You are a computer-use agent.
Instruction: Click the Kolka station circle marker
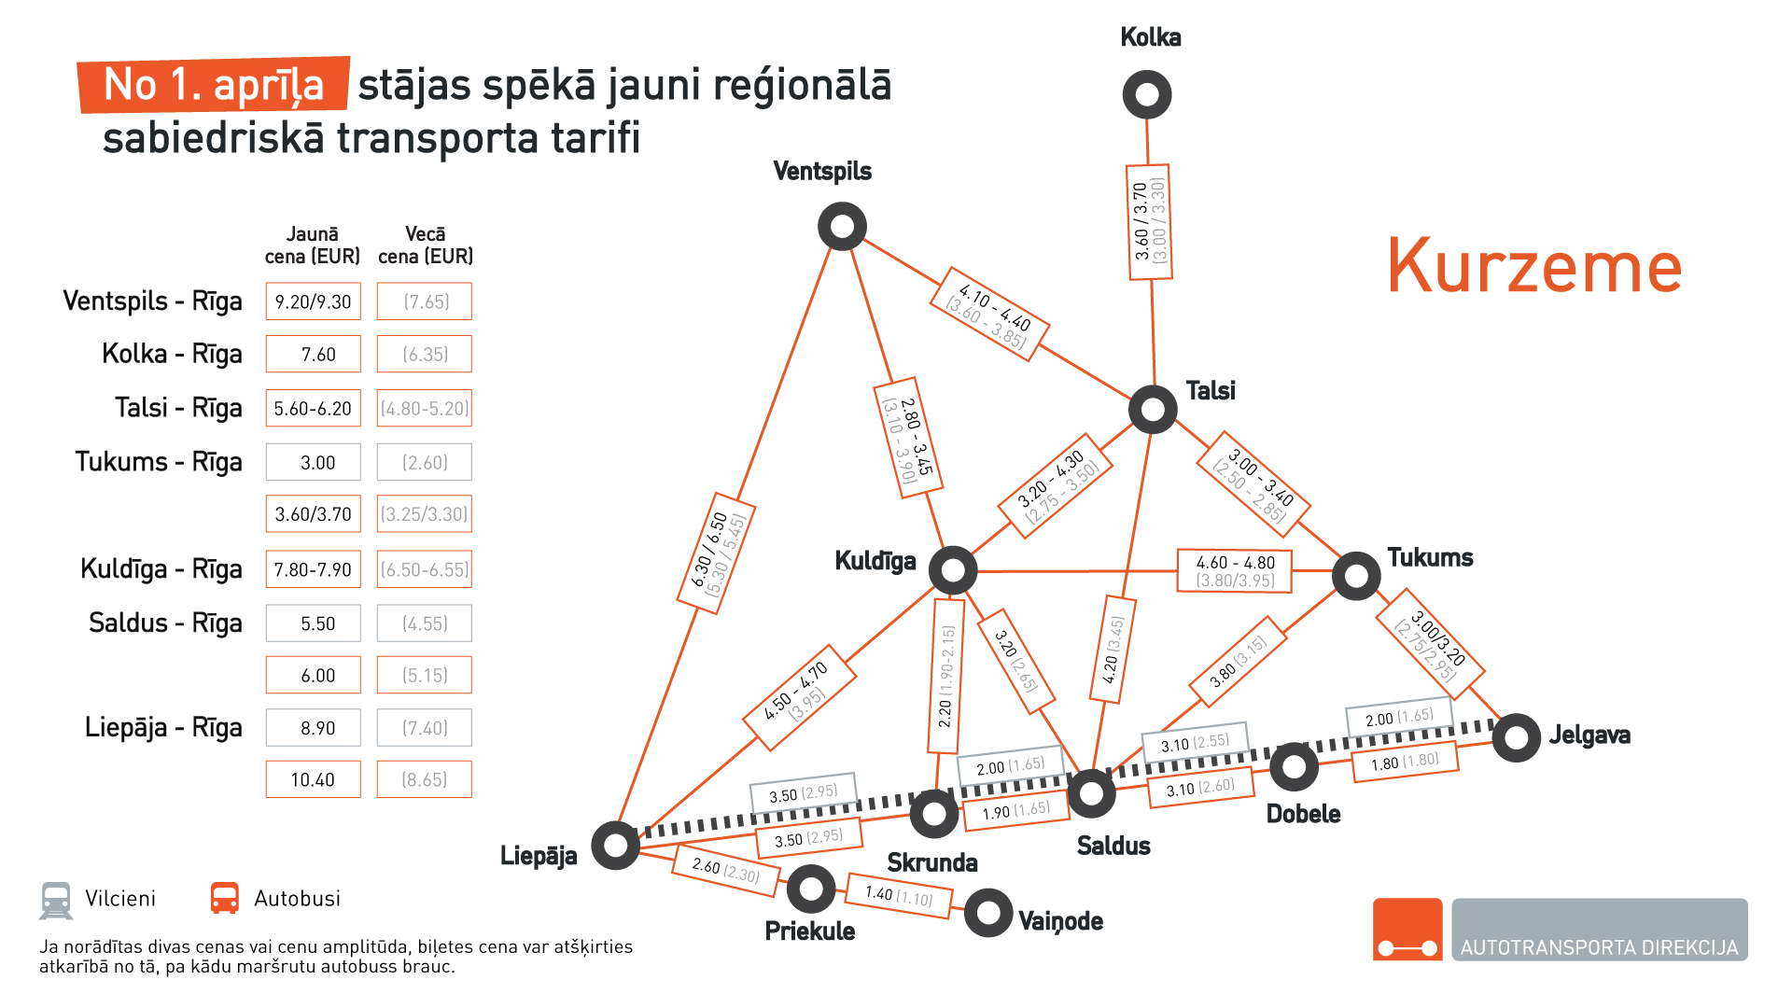(x=1146, y=94)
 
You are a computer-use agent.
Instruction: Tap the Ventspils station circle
(x=842, y=227)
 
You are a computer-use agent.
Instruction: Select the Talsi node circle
(x=1153, y=409)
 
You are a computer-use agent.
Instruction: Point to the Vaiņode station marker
(x=988, y=912)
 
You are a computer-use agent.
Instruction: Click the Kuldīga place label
(x=875, y=561)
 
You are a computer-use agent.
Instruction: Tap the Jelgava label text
(x=1589, y=735)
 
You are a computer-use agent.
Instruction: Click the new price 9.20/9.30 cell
(x=313, y=301)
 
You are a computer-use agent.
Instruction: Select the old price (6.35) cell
(x=425, y=355)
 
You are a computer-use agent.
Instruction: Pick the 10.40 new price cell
(x=313, y=779)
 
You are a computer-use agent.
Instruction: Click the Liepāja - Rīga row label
(x=163, y=727)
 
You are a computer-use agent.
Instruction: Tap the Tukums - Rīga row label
(x=159, y=462)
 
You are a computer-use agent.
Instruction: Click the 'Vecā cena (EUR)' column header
(x=425, y=245)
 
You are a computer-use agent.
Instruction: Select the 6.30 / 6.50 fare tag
(x=716, y=553)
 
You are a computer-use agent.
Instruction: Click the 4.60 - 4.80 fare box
(x=1235, y=571)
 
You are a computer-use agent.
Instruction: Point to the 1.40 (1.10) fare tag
(x=899, y=895)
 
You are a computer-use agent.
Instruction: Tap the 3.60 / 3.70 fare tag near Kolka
(x=1149, y=222)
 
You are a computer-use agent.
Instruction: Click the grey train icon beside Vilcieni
(x=56, y=900)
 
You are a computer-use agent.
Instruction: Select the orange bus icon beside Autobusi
(x=225, y=899)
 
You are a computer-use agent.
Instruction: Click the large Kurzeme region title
(x=1533, y=267)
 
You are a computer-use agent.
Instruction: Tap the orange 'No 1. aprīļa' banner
(x=214, y=85)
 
